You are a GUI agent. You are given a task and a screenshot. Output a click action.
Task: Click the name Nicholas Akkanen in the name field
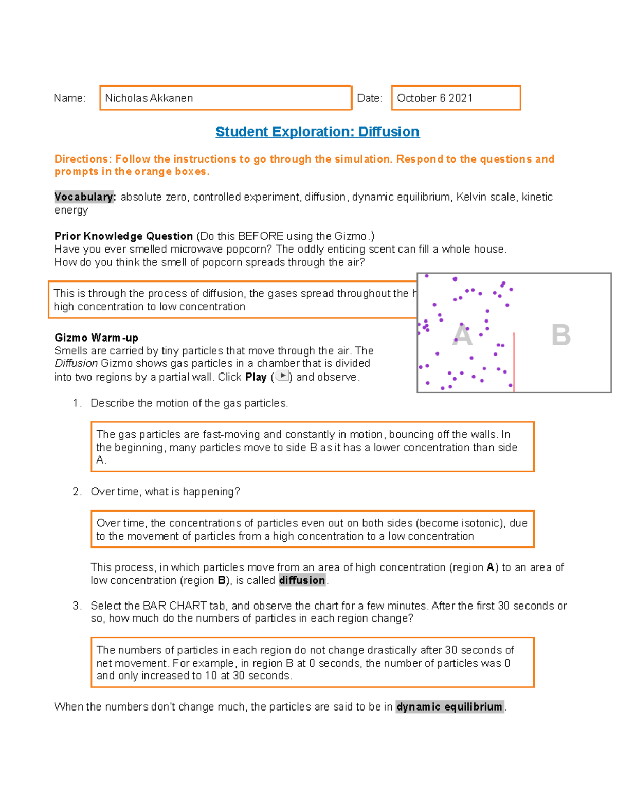coord(149,98)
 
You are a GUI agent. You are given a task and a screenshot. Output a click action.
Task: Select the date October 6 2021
coord(434,98)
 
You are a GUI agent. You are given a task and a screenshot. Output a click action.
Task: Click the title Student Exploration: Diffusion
coord(317,132)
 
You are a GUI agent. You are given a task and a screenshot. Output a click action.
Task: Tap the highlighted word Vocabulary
coord(84,197)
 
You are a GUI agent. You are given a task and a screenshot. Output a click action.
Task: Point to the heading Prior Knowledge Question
coord(123,236)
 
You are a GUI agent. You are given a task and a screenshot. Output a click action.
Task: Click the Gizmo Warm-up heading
coord(96,338)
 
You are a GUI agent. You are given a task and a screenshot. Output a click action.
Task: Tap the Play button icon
coord(282,376)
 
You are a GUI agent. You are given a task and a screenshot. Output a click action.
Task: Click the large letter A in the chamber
coord(462,335)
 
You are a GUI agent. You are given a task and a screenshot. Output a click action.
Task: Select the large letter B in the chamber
coord(560,335)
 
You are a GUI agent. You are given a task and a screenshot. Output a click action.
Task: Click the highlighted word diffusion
coord(302,580)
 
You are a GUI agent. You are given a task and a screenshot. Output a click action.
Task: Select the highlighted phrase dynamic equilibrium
coord(449,707)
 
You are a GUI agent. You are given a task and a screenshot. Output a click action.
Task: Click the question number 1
coord(76,403)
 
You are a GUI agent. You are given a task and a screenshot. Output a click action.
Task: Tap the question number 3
coord(76,606)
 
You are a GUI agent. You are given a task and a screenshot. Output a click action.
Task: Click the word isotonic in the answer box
coord(481,523)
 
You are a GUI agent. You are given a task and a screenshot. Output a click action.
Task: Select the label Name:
coord(69,98)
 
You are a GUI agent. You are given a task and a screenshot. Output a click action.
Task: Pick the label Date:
coord(370,98)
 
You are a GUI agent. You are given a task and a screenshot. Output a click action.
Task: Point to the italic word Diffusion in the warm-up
coord(76,363)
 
